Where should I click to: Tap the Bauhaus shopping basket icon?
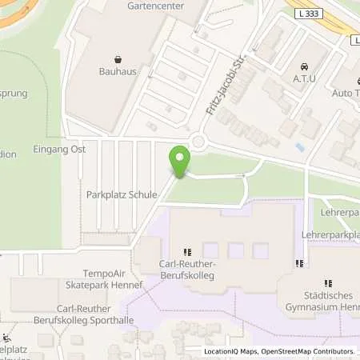point(118,58)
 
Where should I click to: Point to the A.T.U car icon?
point(303,66)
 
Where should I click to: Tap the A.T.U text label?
point(303,78)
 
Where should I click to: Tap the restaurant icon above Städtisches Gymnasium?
point(327,282)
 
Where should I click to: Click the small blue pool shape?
point(298,148)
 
